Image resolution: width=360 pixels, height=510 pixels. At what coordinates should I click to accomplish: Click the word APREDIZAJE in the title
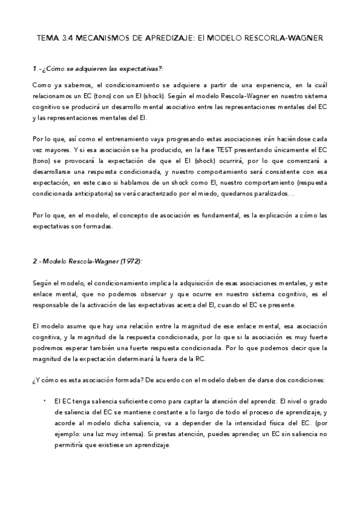click(x=163, y=37)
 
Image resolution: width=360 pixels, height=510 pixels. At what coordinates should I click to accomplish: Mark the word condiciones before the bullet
click(x=304, y=379)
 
